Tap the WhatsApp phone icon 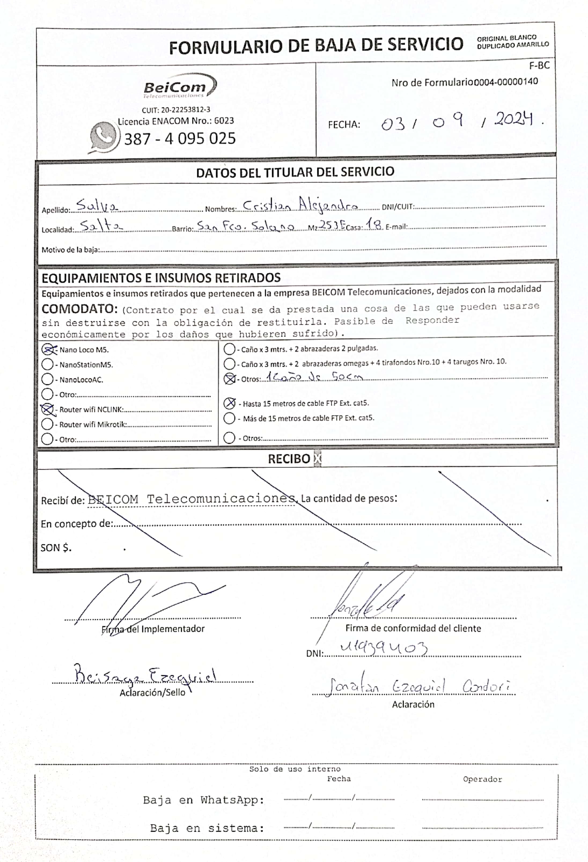pyautogui.click(x=104, y=136)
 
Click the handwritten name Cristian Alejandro pyautogui.click(x=300, y=205)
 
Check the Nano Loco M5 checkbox pyautogui.click(x=47, y=349)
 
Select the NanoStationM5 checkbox pyautogui.click(x=47, y=364)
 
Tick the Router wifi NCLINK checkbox pyautogui.click(x=47, y=409)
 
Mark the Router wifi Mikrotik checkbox pyautogui.click(x=47, y=424)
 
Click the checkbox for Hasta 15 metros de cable pyautogui.click(x=230, y=403)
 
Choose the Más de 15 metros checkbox pyautogui.click(x=230, y=418)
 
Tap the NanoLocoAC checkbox pyautogui.click(x=47, y=379)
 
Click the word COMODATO pyautogui.click(x=79, y=309)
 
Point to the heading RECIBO pyautogui.click(x=289, y=459)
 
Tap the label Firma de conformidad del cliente pyautogui.click(x=413, y=628)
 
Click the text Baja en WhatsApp pyautogui.click(x=204, y=800)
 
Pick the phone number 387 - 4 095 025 pyautogui.click(x=180, y=139)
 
